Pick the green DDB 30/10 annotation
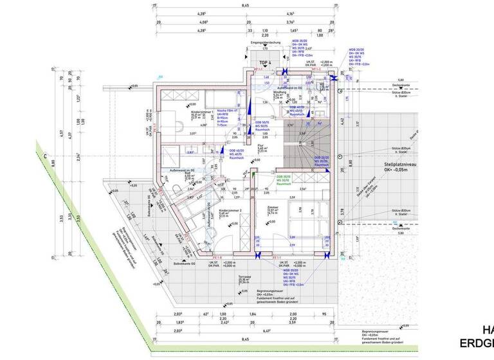click(285, 179)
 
